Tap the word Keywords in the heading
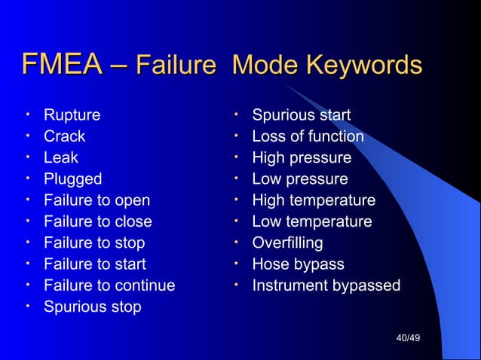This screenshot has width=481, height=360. (x=364, y=66)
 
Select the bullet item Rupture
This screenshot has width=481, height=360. (x=72, y=115)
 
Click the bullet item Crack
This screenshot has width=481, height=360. (x=64, y=136)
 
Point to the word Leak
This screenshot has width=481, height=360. (x=60, y=157)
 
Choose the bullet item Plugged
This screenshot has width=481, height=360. (x=72, y=179)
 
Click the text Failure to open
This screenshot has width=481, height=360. (x=97, y=200)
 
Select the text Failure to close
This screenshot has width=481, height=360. (x=97, y=221)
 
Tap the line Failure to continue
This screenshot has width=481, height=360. (x=109, y=285)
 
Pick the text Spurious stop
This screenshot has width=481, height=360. (x=92, y=307)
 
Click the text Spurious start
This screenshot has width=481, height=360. (x=301, y=115)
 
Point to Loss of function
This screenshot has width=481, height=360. (x=308, y=136)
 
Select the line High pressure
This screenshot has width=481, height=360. (x=302, y=157)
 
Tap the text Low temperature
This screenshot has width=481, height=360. (x=311, y=221)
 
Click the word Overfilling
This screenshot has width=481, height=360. (x=287, y=243)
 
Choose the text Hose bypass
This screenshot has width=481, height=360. (x=298, y=264)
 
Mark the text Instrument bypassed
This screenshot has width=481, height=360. (x=326, y=285)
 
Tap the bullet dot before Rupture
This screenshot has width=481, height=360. (x=27, y=114)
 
